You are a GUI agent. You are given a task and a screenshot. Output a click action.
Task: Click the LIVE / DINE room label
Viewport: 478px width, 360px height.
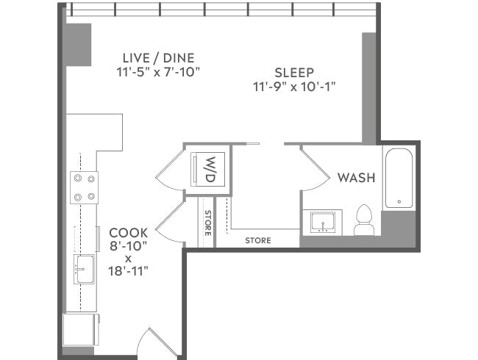click(x=158, y=57)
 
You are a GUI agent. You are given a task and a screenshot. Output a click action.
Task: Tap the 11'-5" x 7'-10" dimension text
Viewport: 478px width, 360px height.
click(x=158, y=72)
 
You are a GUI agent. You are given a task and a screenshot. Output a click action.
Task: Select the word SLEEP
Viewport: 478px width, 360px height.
click(x=294, y=73)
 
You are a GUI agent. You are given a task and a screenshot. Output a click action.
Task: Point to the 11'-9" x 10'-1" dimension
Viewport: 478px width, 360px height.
click(x=294, y=87)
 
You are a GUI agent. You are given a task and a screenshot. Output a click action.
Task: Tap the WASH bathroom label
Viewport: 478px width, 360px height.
click(x=356, y=178)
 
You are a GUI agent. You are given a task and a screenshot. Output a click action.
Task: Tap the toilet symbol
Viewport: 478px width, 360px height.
click(x=364, y=221)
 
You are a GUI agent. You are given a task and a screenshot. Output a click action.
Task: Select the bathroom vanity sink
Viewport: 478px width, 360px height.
click(x=321, y=222)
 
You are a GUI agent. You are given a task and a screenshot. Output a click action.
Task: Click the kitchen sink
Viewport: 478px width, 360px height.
click(x=82, y=269)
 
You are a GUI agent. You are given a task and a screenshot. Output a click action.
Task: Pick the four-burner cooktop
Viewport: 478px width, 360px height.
click(x=82, y=187)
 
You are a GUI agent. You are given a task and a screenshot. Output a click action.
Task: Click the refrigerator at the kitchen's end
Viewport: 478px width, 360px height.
click(x=80, y=329)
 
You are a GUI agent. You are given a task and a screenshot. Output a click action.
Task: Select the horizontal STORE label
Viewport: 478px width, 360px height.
click(x=257, y=240)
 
